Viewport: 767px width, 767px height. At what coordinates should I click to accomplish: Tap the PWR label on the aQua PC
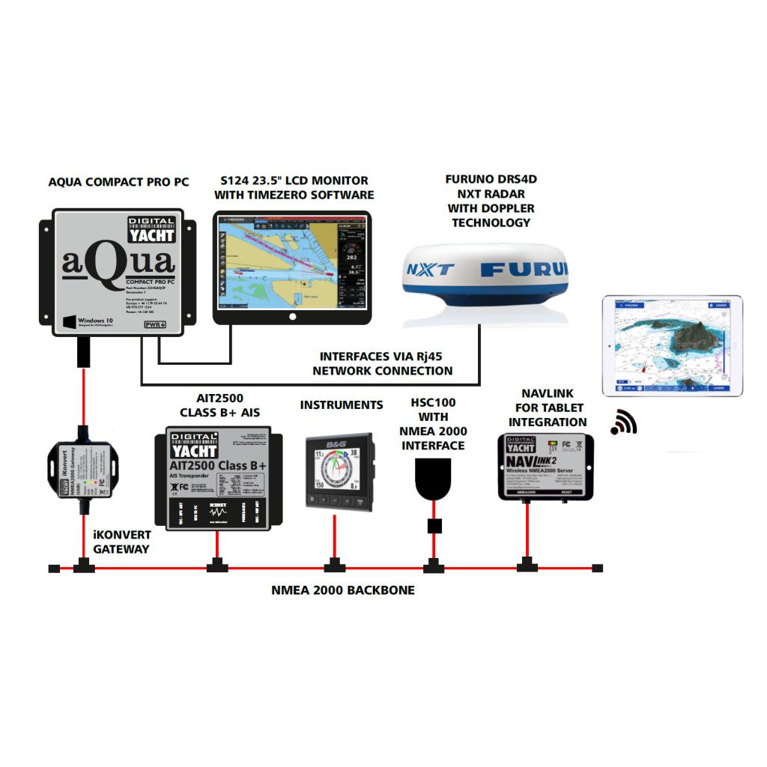154,324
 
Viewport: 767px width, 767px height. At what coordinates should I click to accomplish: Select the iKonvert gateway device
82,469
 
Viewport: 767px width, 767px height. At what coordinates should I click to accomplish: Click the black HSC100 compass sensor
432,479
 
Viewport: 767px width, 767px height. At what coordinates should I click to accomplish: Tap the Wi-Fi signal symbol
623,423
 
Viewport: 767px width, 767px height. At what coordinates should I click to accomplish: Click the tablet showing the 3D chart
673,345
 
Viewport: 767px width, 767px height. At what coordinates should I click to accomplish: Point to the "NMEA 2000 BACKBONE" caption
343,590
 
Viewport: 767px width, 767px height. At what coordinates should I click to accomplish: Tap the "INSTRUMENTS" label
342,405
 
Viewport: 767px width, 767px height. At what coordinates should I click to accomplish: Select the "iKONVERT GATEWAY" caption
122,542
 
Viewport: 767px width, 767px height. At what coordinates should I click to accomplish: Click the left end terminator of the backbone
54,569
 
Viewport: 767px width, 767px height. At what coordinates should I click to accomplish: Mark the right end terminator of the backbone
597,569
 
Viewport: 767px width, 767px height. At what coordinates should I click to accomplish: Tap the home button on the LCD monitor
292,317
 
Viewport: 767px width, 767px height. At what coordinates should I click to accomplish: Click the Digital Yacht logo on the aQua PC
151,229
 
